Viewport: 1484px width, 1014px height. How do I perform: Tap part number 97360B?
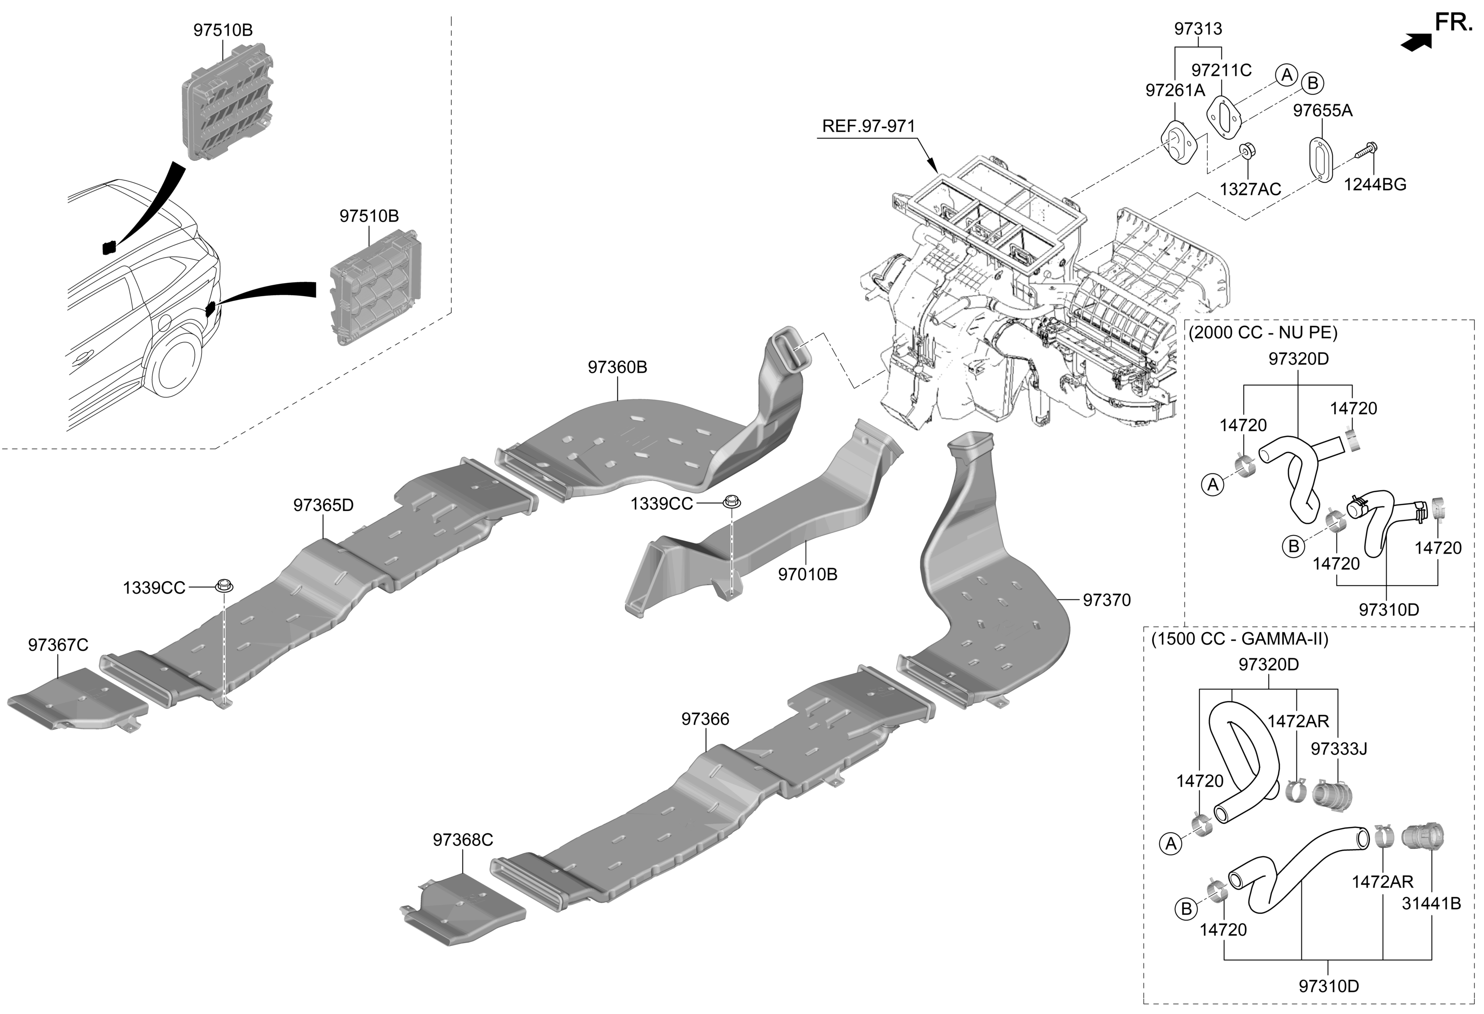tap(617, 367)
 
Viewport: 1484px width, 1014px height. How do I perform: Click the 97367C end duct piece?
tap(77, 702)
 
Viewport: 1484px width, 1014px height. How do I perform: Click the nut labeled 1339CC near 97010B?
tap(731, 503)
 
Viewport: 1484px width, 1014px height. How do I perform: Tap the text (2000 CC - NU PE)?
tap(1262, 332)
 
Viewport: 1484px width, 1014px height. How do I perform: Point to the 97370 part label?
tap(1107, 600)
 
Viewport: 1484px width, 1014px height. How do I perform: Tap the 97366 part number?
tap(705, 719)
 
